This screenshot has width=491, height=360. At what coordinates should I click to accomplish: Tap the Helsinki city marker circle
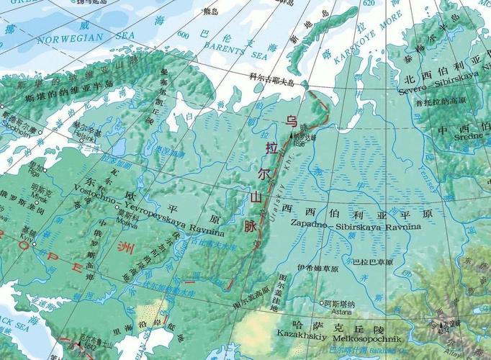(71, 129)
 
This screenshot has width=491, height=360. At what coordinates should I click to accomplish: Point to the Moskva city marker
(117, 207)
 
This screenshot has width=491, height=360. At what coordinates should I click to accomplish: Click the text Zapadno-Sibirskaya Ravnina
(356, 225)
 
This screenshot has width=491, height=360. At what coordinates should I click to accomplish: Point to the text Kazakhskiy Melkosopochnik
(332, 336)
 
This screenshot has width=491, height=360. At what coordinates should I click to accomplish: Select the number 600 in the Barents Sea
(183, 34)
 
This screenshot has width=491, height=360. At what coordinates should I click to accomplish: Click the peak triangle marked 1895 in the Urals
(292, 134)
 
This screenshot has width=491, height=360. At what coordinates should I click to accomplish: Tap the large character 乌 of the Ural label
(291, 120)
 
